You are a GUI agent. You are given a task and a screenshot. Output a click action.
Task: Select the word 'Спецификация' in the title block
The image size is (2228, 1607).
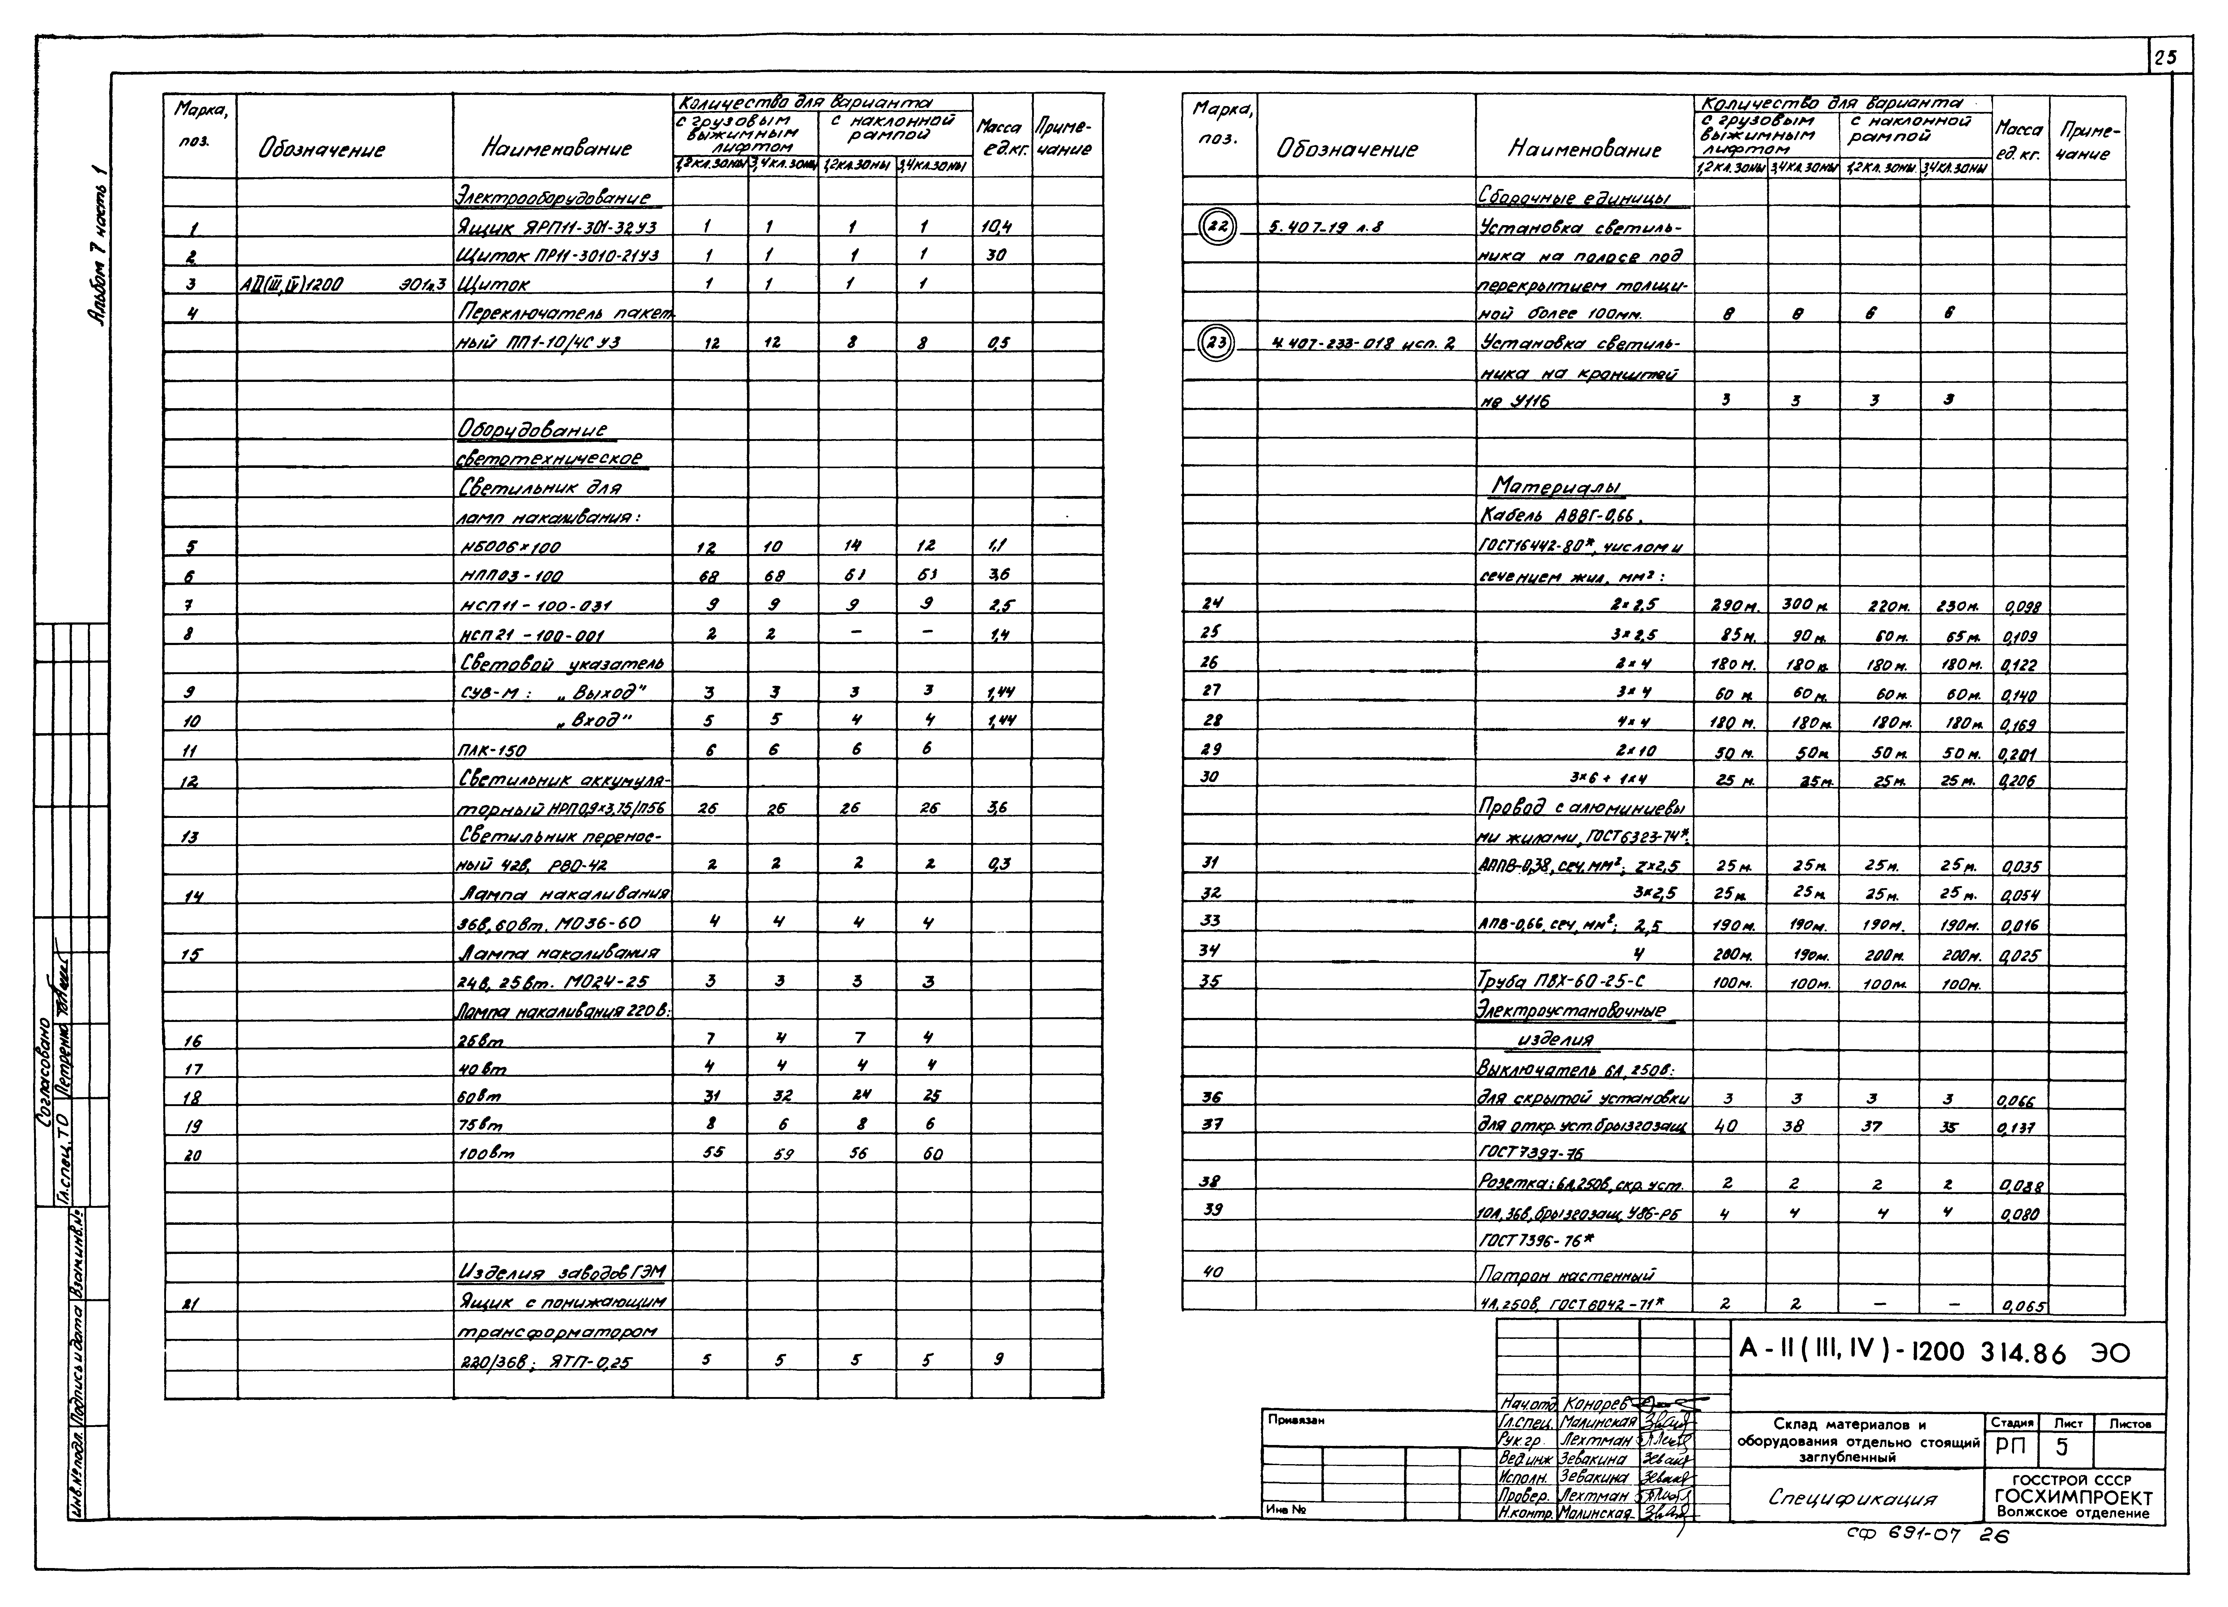pyautogui.click(x=1852, y=1498)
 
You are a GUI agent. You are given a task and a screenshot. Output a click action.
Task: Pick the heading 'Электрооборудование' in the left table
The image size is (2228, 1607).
pyautogui.click(x=557, y=198)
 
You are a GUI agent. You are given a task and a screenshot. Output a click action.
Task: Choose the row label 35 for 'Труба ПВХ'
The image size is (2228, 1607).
pyautogui.click(x=1210, y=979)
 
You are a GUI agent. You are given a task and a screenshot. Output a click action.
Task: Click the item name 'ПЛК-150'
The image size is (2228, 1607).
pyautogui.click(x=493, y=750)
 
